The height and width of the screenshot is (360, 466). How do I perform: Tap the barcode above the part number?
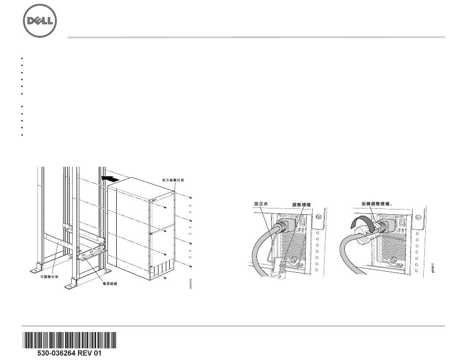pyautogui.click(x=69, y=339)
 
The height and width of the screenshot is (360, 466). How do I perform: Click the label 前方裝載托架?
pyautogui.click(x=173, y=180)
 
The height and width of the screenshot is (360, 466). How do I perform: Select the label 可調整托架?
pyautogui.click(x=49, y=276)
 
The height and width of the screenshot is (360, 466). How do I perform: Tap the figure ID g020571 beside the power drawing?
pyautogui.click(x=432, y=267)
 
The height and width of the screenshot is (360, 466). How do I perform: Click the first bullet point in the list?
pyautogui.click(x=23, y=58)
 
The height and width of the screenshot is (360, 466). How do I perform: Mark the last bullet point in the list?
pyautogui.click(x=23, y=134)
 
